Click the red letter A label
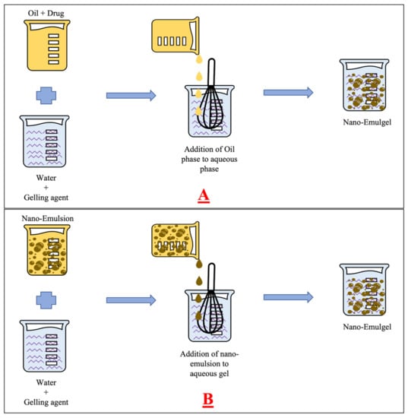coord(204,196)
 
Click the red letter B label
coord(208,400)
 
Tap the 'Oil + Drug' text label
coord(46,13)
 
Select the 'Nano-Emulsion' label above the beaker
coord(47,218)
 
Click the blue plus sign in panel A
coord(46,96)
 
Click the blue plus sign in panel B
coord(46,300)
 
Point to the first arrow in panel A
coord(131,96)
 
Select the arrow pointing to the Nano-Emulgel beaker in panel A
coord(289,93)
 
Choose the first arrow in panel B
coord(131,300)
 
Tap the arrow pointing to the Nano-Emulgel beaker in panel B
coord(289,297)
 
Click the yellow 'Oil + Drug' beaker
coord(47,46)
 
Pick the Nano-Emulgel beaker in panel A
coord(364,85)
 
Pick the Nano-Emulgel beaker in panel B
coord(364,290)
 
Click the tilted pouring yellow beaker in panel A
coord(176,36)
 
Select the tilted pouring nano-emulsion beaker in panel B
coord(176,241)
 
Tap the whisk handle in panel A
coord(211,72)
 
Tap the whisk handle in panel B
coord(211,277)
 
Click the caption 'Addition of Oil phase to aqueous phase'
coord(210,159)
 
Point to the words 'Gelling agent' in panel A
coord(46,198)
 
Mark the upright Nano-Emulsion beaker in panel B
coord(47,250)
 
